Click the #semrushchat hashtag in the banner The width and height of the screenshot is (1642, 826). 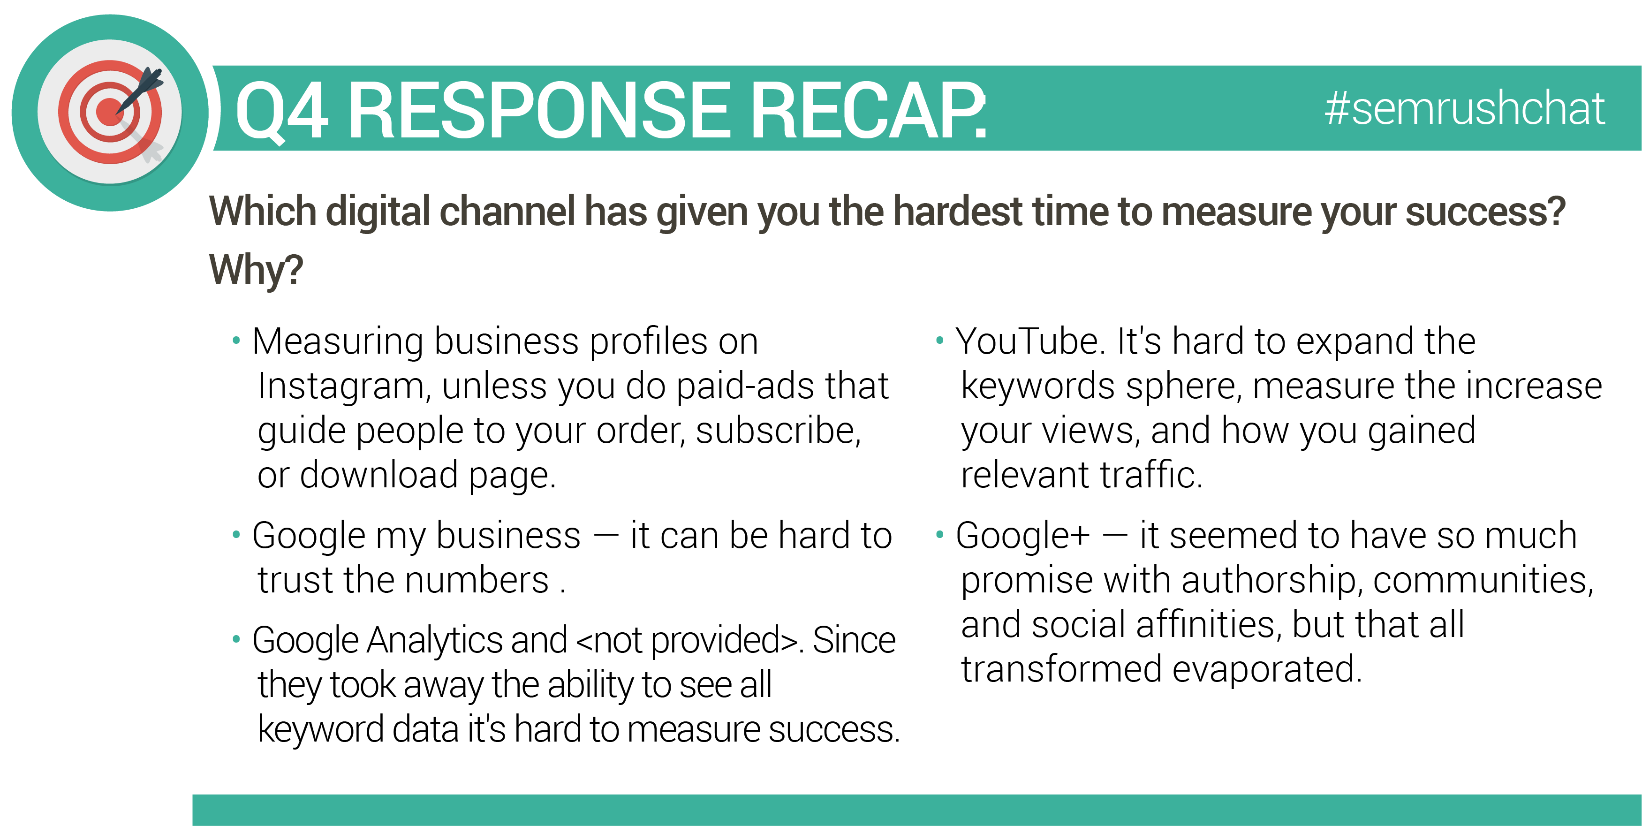pyautogui.click(x=1464, y=108)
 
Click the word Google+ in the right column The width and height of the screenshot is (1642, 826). pyautogui.click(x=1022, y=535)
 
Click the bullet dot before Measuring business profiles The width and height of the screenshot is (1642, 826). pyautogui.click(x=236, y=341)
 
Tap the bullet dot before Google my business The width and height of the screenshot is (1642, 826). pyautogui.click(x=236, y=535)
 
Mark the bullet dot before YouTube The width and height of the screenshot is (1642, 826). pyautogui.click(x=939, y=341)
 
